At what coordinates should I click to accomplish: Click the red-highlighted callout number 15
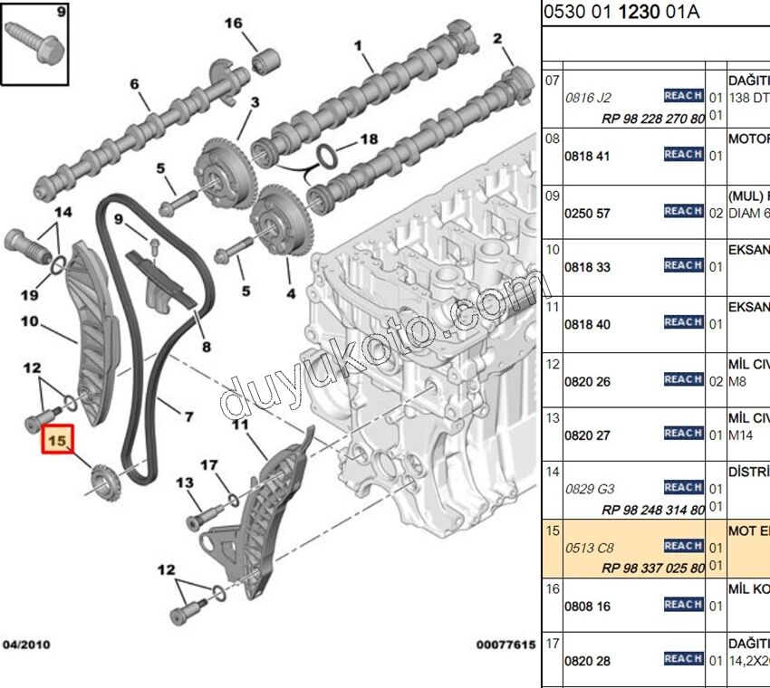click(58, 442)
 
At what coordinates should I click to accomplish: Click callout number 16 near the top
click(234, 23)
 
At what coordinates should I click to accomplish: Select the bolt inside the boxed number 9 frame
click(35, 43)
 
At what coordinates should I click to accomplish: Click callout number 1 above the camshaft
click(358, 44)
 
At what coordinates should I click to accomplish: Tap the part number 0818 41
click(587, 156)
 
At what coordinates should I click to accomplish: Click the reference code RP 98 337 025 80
click(653, 568)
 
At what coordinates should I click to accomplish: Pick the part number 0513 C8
click(589, 548)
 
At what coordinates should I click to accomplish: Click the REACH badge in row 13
click(683, 434)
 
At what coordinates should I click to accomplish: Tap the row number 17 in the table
click(553, 643)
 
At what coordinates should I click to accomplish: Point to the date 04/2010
click(26, 645)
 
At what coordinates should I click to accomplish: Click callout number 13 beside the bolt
click(185, 483)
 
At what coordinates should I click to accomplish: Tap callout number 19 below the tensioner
click(29, 294)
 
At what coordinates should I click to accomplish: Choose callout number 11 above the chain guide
click(240, 424)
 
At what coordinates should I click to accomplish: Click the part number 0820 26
click(587, 381)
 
